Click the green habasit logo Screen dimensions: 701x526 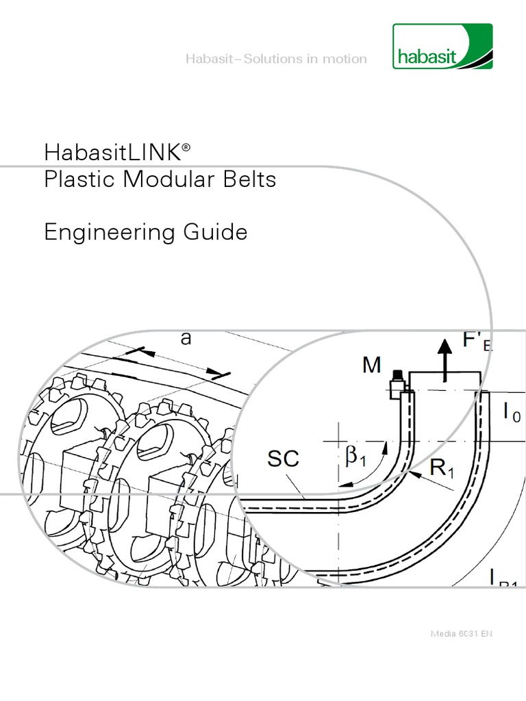click(442, 47)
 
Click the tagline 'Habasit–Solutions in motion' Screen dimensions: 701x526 click(276, 59)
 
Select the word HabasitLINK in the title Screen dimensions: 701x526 click(112, 151)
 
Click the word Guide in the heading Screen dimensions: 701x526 click(216, 233)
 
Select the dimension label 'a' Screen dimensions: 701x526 click(186, 339)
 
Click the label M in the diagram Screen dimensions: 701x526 click(371, 366)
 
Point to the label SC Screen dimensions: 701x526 click(283, 459)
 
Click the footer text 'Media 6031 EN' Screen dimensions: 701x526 click(461, 633)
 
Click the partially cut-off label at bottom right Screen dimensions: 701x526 click(503, 578)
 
